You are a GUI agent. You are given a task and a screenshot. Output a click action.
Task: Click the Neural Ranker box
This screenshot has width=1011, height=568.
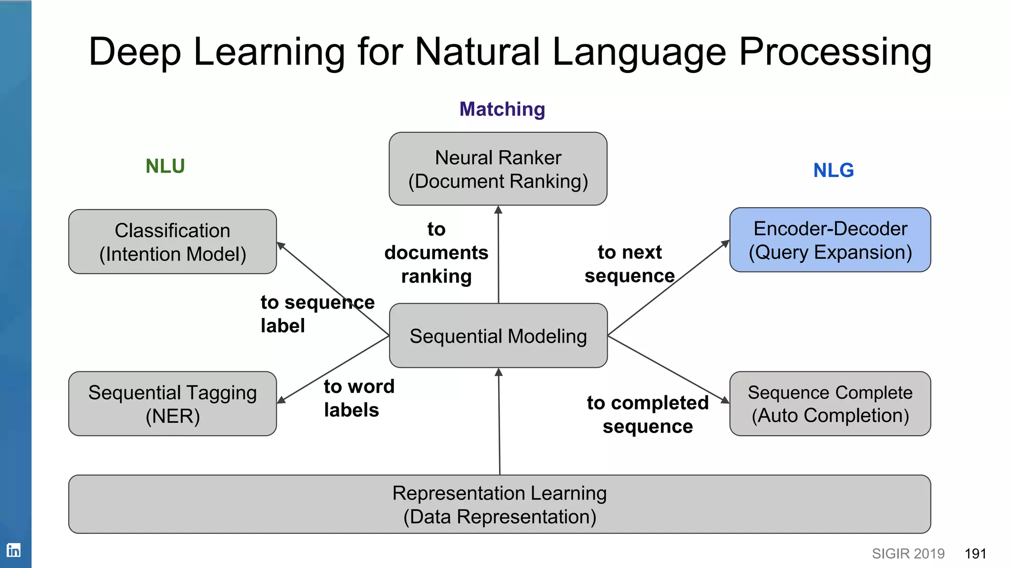coord(498,169)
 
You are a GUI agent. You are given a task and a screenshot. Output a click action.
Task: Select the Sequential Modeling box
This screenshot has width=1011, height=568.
coord(498,336)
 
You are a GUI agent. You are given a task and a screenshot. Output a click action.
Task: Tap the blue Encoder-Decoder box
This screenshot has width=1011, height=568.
coord(830,240)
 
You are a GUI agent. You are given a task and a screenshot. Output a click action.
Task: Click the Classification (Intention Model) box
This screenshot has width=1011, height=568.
coord(172,242)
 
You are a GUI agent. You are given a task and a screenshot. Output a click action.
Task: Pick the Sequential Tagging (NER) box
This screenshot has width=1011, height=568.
coord(172,404)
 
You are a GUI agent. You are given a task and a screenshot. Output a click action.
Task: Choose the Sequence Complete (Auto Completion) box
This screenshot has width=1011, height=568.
coord(830,404)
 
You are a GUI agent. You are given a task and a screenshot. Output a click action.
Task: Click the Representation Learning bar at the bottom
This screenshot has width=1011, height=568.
coord(499,504)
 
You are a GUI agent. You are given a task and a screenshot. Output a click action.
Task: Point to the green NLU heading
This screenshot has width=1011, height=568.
coord(165,166)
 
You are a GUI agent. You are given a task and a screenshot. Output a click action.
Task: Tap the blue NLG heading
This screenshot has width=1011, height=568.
coord(833,171)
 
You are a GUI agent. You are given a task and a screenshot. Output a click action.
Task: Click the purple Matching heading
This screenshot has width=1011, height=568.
coord(502,109)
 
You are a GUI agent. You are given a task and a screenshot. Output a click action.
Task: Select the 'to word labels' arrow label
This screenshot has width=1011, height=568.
coord(359,398)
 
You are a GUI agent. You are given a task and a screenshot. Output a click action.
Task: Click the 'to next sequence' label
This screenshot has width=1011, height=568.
coord(629,264)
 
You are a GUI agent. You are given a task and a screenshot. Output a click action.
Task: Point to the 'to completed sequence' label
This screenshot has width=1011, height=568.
coord(648,415)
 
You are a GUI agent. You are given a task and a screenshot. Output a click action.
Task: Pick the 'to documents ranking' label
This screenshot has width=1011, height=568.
coord(436,253)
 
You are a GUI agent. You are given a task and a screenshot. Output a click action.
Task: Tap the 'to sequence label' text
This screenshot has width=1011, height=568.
coord(317,314)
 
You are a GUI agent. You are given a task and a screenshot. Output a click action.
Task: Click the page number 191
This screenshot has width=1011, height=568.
coord(975,554)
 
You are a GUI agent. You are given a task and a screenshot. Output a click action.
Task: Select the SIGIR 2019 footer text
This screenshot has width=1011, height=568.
coord(908,554)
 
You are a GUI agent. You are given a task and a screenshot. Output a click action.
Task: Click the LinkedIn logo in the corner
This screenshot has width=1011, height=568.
coord(13,550)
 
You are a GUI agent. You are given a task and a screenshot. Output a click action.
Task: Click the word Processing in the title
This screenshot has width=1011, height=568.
coord(835,52)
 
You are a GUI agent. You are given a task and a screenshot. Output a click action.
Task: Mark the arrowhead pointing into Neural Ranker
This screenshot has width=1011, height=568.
coord(498,210)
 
